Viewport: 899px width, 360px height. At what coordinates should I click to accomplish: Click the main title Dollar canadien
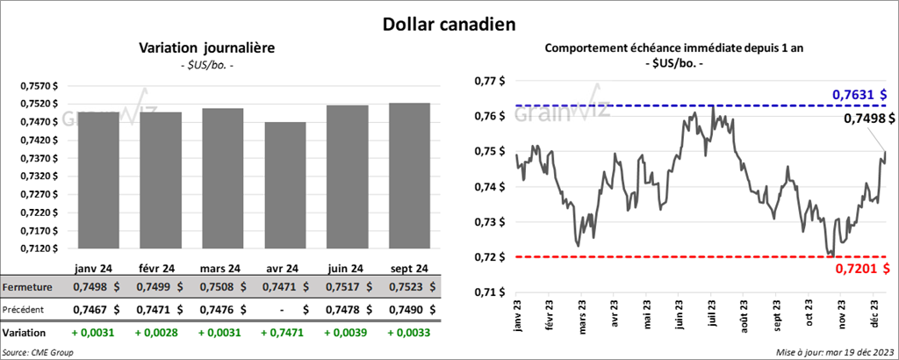pyautogui.click(x=449, y=22)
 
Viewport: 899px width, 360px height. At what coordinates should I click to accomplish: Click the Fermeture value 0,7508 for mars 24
pyautogui.click(x=215, y=287)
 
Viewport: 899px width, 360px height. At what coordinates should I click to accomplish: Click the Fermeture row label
pyautogui.click(x=29, y=287)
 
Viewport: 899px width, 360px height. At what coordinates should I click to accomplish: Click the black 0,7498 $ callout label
pyautogui.click(x=864, y=119)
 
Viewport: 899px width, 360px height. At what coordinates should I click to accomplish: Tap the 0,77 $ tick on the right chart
pyautogui.click(x=488, y=81)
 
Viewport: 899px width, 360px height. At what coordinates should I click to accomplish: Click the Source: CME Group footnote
pyautogui.click(x=38, y=352)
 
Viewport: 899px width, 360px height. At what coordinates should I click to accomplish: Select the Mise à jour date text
pyautogui.click(x=834, y=352)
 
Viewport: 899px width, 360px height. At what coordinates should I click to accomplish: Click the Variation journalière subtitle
pyautogui.click(x=207, y=48)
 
